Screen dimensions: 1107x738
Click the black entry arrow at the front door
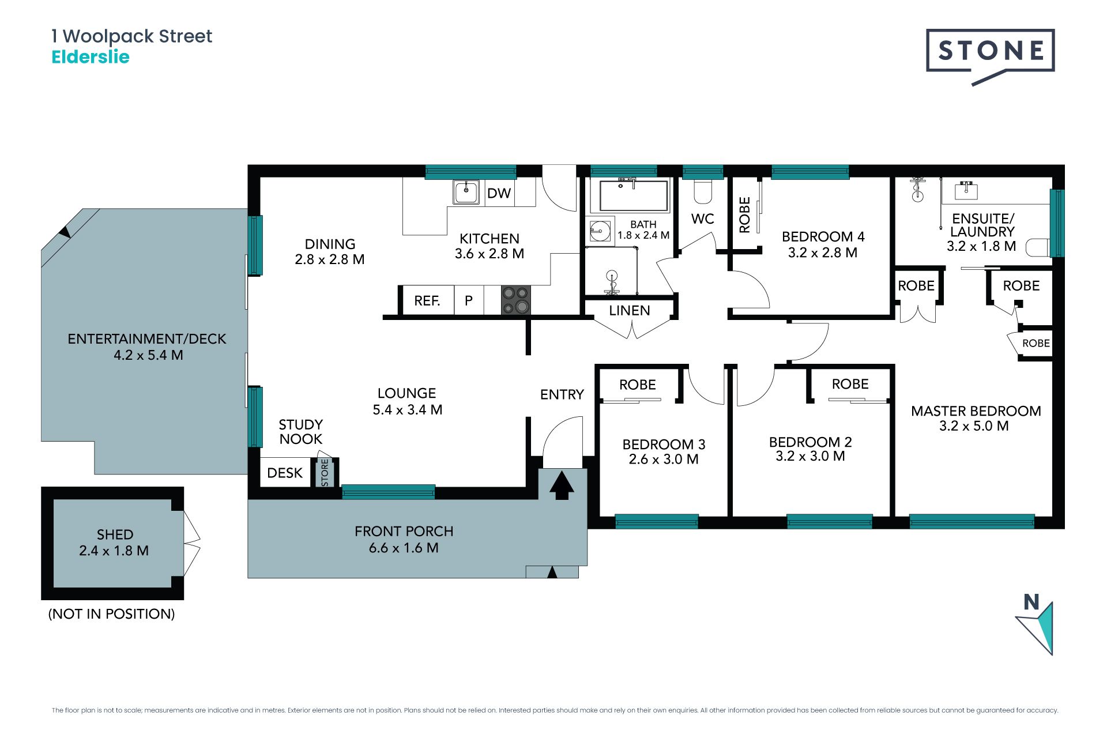point(562,485)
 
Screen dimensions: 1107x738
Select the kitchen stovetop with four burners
point(515,300)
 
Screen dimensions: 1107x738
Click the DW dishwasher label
point(499,193)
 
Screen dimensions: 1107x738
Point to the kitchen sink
point(466,192)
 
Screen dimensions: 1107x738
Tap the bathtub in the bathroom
point(634,195)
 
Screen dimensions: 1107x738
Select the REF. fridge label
point(427,300)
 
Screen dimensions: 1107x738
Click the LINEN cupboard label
point(630,311)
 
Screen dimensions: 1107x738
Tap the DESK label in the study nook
point(285,473)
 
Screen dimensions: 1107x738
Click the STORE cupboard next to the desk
point(325,472)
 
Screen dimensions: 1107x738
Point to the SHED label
point(115,534)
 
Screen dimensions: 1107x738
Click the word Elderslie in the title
point(91,57)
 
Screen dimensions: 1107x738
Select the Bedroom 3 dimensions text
point(664,460)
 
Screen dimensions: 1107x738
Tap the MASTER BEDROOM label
point(976,411)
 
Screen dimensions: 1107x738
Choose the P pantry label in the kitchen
point(469,300)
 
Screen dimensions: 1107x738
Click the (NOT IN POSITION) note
point(111,614)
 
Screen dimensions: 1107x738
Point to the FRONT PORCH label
point(404,531)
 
